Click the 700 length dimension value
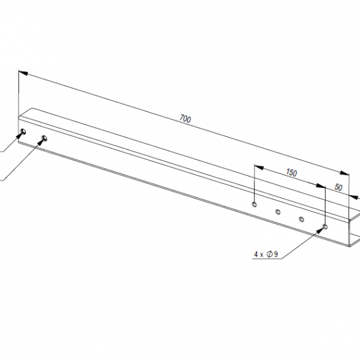tap(185, 119)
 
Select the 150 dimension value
tap(291, 173)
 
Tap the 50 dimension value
tap(338, 187)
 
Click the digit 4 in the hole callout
tap(256, 254)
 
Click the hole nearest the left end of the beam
tap(23, 131)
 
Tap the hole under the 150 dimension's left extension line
tap(255, 204)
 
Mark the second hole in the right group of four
tap(278, 211)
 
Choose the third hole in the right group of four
tap(301, 219)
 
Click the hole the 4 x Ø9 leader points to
tap(325, 227)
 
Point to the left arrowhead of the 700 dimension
tap(22, 72)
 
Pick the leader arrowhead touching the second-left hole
tap(40, 142)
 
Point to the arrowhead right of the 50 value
tap(353, 195)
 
